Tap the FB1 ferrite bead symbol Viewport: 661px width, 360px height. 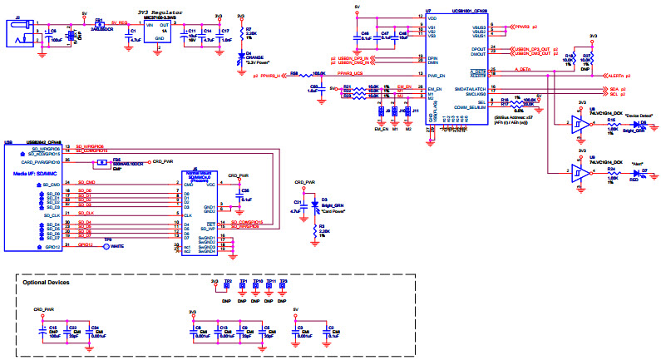[x=99, y=22]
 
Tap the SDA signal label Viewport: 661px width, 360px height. [x=614, y=87]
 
